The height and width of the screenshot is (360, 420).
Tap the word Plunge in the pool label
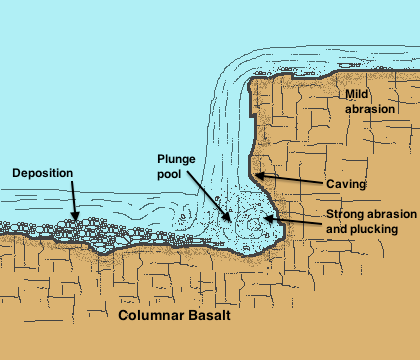178,160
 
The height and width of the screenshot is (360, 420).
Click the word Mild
358,93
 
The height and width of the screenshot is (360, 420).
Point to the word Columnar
153,316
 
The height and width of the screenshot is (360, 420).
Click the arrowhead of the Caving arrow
256,176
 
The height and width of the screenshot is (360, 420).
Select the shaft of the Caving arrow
290,180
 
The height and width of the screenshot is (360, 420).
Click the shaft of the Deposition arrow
73,195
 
